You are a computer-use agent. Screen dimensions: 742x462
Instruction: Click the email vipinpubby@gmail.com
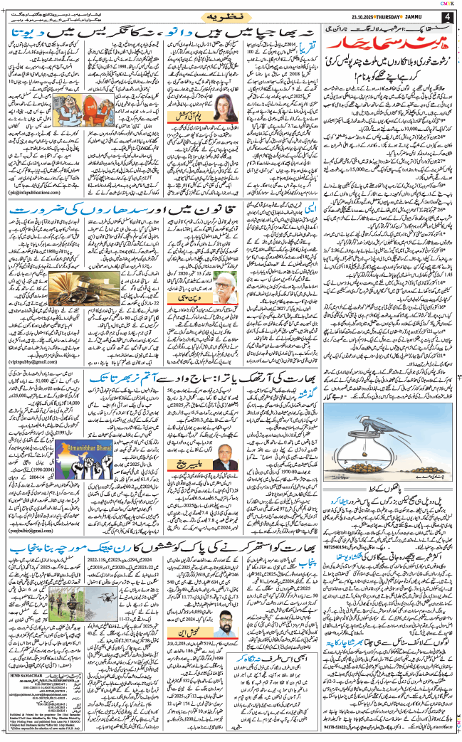click(x=31, y=361)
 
